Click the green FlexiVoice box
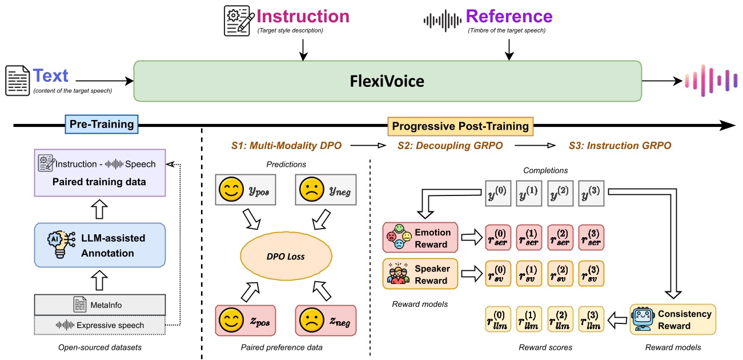tap(387, 81)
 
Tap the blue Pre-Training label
tap(101, 124)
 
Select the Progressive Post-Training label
tap(460, 126)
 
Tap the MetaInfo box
tap(100, 304)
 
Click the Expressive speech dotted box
tap(100, 325)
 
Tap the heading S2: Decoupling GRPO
tap(450, 146)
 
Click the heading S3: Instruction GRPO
tap(620, 146)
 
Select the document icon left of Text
tap(17, 81)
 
